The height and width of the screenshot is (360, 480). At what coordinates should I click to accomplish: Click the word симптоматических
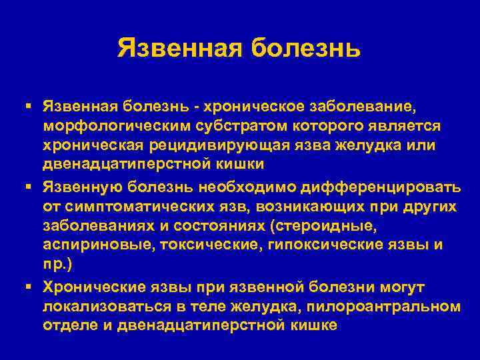click(139, 206)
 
